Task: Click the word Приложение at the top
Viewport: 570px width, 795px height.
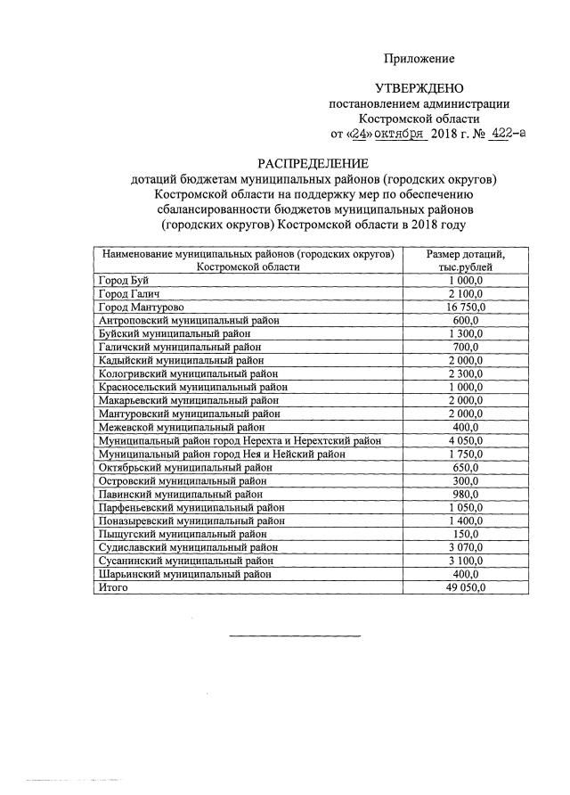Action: point(419,59)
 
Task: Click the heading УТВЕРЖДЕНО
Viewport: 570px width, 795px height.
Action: point(419,89)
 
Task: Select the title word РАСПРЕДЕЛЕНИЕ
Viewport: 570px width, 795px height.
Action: point(313,164)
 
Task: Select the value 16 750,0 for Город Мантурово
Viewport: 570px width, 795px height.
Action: point(466,307)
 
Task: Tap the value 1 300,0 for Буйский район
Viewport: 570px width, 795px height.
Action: point(466,333)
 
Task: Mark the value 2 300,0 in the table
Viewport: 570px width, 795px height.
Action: point(466,374)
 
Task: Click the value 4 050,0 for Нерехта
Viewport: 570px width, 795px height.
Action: point(466,441)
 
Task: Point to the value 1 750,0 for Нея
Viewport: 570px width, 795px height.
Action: point(466,455)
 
